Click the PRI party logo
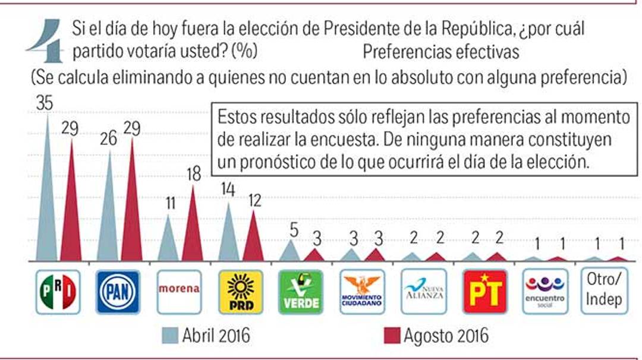click(x=58, y=292)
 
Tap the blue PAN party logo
click(x=118, y=292)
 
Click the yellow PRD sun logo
click(x=240, y=292)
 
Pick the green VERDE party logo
click(x=301, y=292)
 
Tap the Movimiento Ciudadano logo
click(x=362, y=292)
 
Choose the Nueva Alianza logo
click(x=423, y=292)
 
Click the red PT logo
click(x=484, y=292)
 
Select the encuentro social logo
click(x=545, y=292)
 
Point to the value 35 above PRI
click(x=45, y=103)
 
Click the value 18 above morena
click(x=193, y=174)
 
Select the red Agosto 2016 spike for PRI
click(x=71, y=208)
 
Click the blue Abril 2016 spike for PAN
click(x=108, y=214)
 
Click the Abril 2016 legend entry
click(x=206, y=336)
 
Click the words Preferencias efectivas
click(x=440, y=52)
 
